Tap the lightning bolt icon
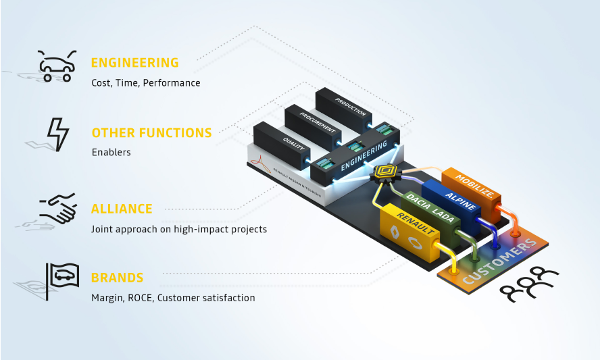click(x=57, y=133)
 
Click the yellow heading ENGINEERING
click(x=135, y=63)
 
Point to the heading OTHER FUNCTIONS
click(x=151, y=132)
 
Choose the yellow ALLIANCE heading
click(x=122, y=209)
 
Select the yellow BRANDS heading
click(x=118, y=278)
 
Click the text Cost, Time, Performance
click(x=146, y=83)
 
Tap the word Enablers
click(x=111, y=153)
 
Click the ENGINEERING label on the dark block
click(x=365, y=155)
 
